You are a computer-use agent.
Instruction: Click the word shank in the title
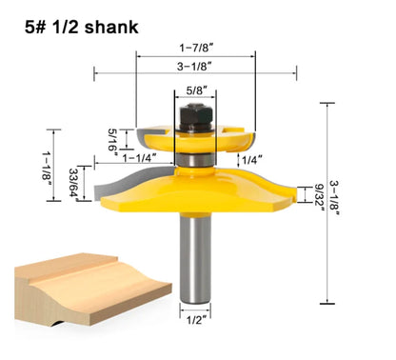point(112,26)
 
